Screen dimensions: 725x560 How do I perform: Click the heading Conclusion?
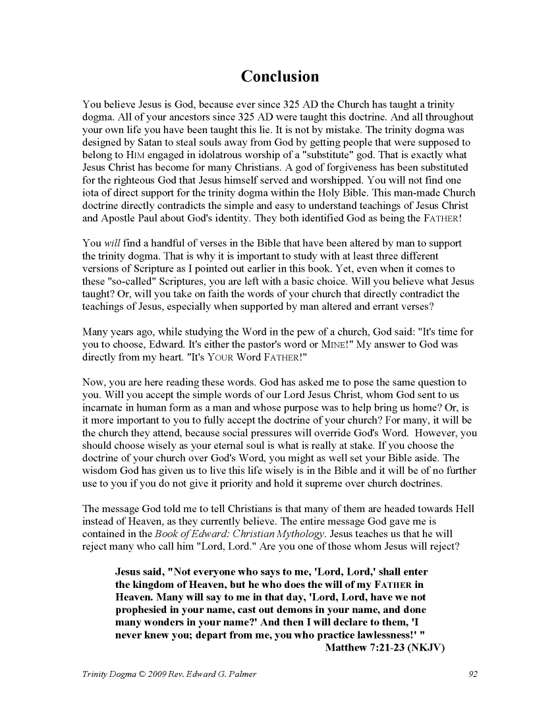[280, 76]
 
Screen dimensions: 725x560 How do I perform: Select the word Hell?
[462, 509]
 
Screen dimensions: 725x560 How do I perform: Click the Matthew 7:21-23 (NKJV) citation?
[385, 647]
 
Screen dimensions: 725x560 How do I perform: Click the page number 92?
[472, 674]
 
